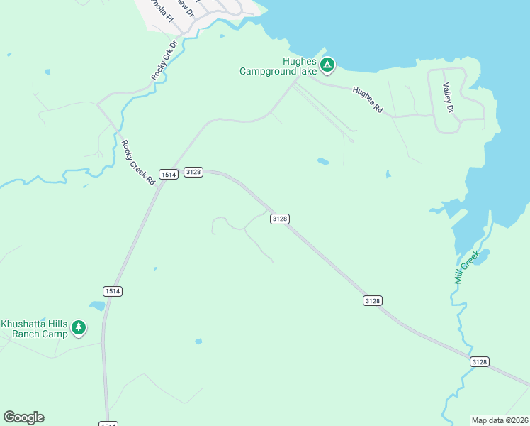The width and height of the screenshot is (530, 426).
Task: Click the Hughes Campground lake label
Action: (x=278, y=66)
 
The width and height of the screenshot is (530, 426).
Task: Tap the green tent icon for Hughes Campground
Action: (x=327, y=66)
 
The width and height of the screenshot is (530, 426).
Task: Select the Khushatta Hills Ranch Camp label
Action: (x=34, y=329)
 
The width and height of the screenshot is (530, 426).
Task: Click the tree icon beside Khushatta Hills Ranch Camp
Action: (x=79, y=327)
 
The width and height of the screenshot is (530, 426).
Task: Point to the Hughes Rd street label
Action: (x=368, y=101)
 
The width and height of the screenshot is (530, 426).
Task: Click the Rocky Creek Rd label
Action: (x=137, y=163)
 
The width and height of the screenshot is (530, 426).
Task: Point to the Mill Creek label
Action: (x=467, y=267)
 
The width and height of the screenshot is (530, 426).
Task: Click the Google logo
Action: (x=23, y=417)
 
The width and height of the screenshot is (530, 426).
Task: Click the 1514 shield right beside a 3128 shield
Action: (x=168, y=174)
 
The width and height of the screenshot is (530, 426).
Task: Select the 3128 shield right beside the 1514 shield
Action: (x=193, y=172)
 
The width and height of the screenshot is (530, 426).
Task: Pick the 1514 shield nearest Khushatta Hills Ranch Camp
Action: (x=112, y=291)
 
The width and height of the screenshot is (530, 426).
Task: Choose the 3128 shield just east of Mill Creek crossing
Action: (x=479, y=362)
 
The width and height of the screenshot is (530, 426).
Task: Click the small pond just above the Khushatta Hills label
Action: (x=97, y=306)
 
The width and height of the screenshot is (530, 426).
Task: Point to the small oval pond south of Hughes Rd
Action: (x=322, y=161)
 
